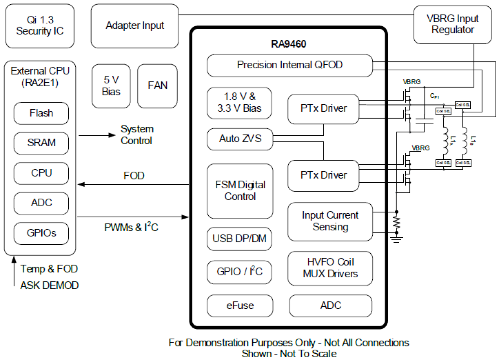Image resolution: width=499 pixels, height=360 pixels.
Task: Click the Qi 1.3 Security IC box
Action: [40, 25]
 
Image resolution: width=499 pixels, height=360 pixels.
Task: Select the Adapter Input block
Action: [135, 26]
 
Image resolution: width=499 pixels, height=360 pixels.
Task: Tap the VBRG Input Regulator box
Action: [452, 24]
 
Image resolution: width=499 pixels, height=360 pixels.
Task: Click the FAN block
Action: [158, 86]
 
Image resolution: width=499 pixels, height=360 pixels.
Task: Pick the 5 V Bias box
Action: [111, 86]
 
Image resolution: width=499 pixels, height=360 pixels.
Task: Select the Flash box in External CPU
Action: [41, 113]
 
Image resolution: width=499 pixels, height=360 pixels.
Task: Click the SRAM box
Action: [41, 143]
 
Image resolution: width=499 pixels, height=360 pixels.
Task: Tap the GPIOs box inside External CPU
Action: [41, 233]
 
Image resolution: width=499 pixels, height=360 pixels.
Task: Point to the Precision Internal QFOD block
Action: [290, 65]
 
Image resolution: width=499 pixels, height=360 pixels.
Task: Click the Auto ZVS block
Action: [240, 139]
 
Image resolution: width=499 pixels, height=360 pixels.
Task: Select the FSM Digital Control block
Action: [240, 191]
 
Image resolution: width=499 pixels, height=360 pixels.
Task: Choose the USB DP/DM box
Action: [240, 239]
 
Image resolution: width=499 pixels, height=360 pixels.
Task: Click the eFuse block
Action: [240, 305]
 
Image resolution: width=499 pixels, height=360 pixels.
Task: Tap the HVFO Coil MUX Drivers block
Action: [330, 268]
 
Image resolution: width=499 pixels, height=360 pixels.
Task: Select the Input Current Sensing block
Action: [330, 221]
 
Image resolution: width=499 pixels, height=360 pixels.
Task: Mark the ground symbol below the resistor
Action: [396, 238]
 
